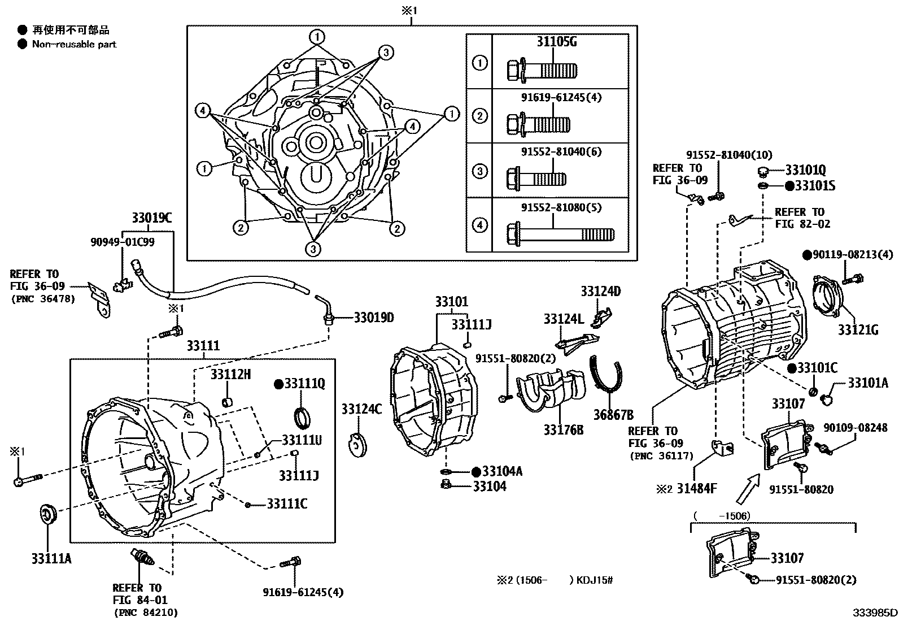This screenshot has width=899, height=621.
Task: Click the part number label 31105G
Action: [556, 42]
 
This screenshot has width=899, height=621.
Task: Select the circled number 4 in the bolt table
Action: [479, 225]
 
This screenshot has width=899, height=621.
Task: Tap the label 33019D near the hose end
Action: [374, 318]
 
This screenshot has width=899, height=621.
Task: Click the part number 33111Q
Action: [304, 384]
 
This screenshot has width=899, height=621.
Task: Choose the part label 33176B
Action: [564, 430]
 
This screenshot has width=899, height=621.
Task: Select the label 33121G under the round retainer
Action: [858, 330]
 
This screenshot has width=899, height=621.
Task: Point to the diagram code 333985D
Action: [875, 613]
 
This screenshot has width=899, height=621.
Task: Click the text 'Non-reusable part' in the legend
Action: [74, 44]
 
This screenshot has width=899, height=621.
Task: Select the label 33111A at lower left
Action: [51, 559]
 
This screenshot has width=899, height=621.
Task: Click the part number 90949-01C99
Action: [122, 242]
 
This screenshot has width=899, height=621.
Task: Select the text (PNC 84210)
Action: [146, 612]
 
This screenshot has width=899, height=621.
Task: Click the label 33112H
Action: [231, 374]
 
